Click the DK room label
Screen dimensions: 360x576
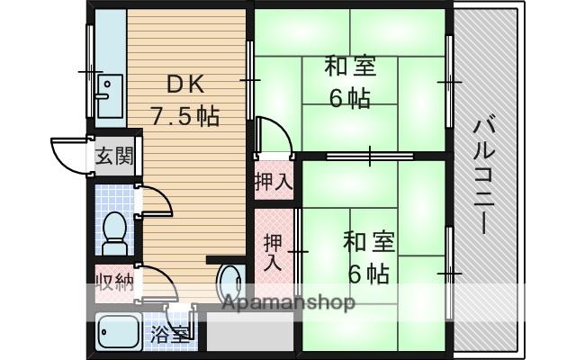[185, 85]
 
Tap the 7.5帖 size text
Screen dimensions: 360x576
[184, 117]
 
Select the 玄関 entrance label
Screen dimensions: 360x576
[113, 156]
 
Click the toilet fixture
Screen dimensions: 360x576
[114, 233]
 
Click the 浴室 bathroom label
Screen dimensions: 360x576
[171, 336]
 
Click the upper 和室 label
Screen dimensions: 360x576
[350, 67]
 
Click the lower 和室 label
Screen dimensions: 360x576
[368, 241]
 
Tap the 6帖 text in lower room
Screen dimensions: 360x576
[368, 273]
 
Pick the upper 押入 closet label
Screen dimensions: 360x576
[274, 181]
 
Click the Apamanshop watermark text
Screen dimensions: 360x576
[289, 302]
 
